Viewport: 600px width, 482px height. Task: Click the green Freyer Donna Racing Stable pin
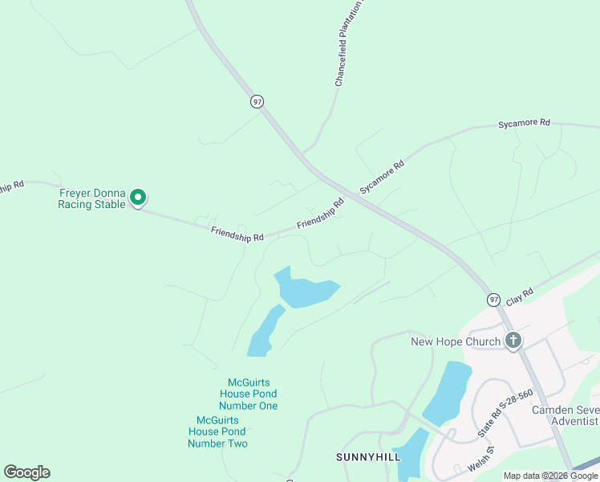(138, 196)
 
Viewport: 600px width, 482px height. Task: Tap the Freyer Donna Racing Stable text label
(91, 198)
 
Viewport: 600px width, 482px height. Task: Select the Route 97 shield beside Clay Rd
(494, 299)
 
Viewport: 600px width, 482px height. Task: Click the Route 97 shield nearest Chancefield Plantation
(257, 101)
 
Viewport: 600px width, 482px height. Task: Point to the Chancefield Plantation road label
(350, 43)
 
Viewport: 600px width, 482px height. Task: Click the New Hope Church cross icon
(513, 341)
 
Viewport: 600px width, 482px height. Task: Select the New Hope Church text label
(456, 341)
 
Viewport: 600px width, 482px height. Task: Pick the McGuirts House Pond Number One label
(249, 394)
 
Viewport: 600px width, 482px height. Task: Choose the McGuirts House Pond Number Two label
(218, 431)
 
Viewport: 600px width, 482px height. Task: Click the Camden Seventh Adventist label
(566, 415)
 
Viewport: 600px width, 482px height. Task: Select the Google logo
(26, 472)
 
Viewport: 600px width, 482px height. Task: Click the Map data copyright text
(551, 476)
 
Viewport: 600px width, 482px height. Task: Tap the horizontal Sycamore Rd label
(524, 123)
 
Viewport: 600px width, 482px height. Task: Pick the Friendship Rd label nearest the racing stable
(237, 235)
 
